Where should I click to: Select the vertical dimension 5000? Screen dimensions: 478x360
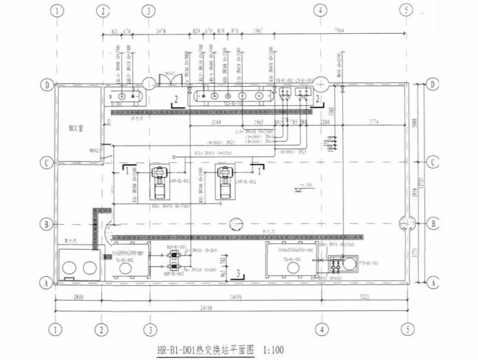[x=421, y=123]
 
